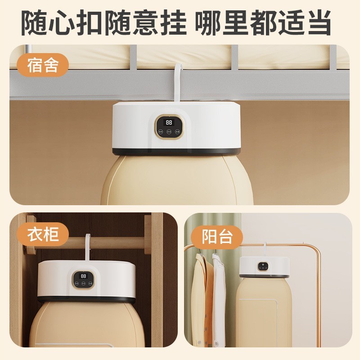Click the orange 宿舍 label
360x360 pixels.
point(43,65)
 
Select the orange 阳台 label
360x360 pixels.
point(216,237)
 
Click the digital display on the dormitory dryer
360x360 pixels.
point(169,122)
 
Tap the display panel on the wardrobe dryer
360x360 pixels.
point(84,279)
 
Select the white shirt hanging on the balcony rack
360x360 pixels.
point(219,301)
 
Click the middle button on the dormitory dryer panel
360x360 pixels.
point(169,132)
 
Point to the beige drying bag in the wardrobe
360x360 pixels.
point(85,328)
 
